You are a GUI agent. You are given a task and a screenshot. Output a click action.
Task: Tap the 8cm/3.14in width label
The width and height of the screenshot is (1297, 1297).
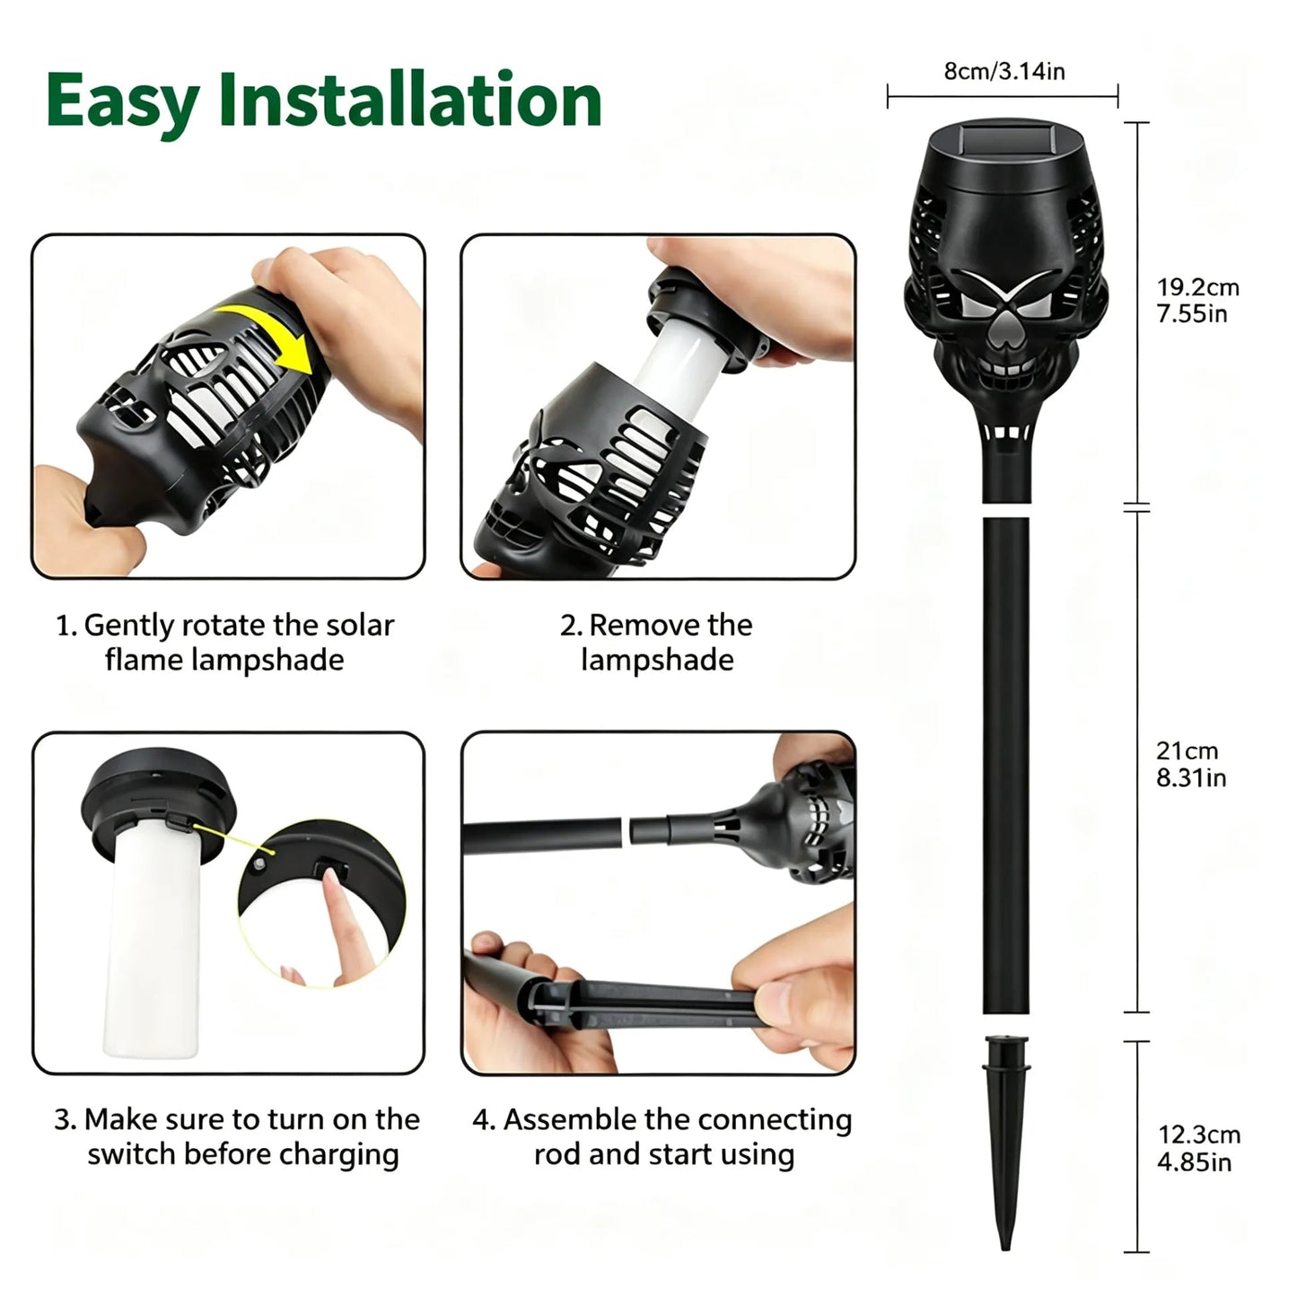tap(1004, 71)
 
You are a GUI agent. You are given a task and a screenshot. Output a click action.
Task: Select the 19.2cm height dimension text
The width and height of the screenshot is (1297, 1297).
tap(1197, 287)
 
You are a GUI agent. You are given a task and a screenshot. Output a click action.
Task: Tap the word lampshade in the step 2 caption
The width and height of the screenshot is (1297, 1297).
tap(657, 660)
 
